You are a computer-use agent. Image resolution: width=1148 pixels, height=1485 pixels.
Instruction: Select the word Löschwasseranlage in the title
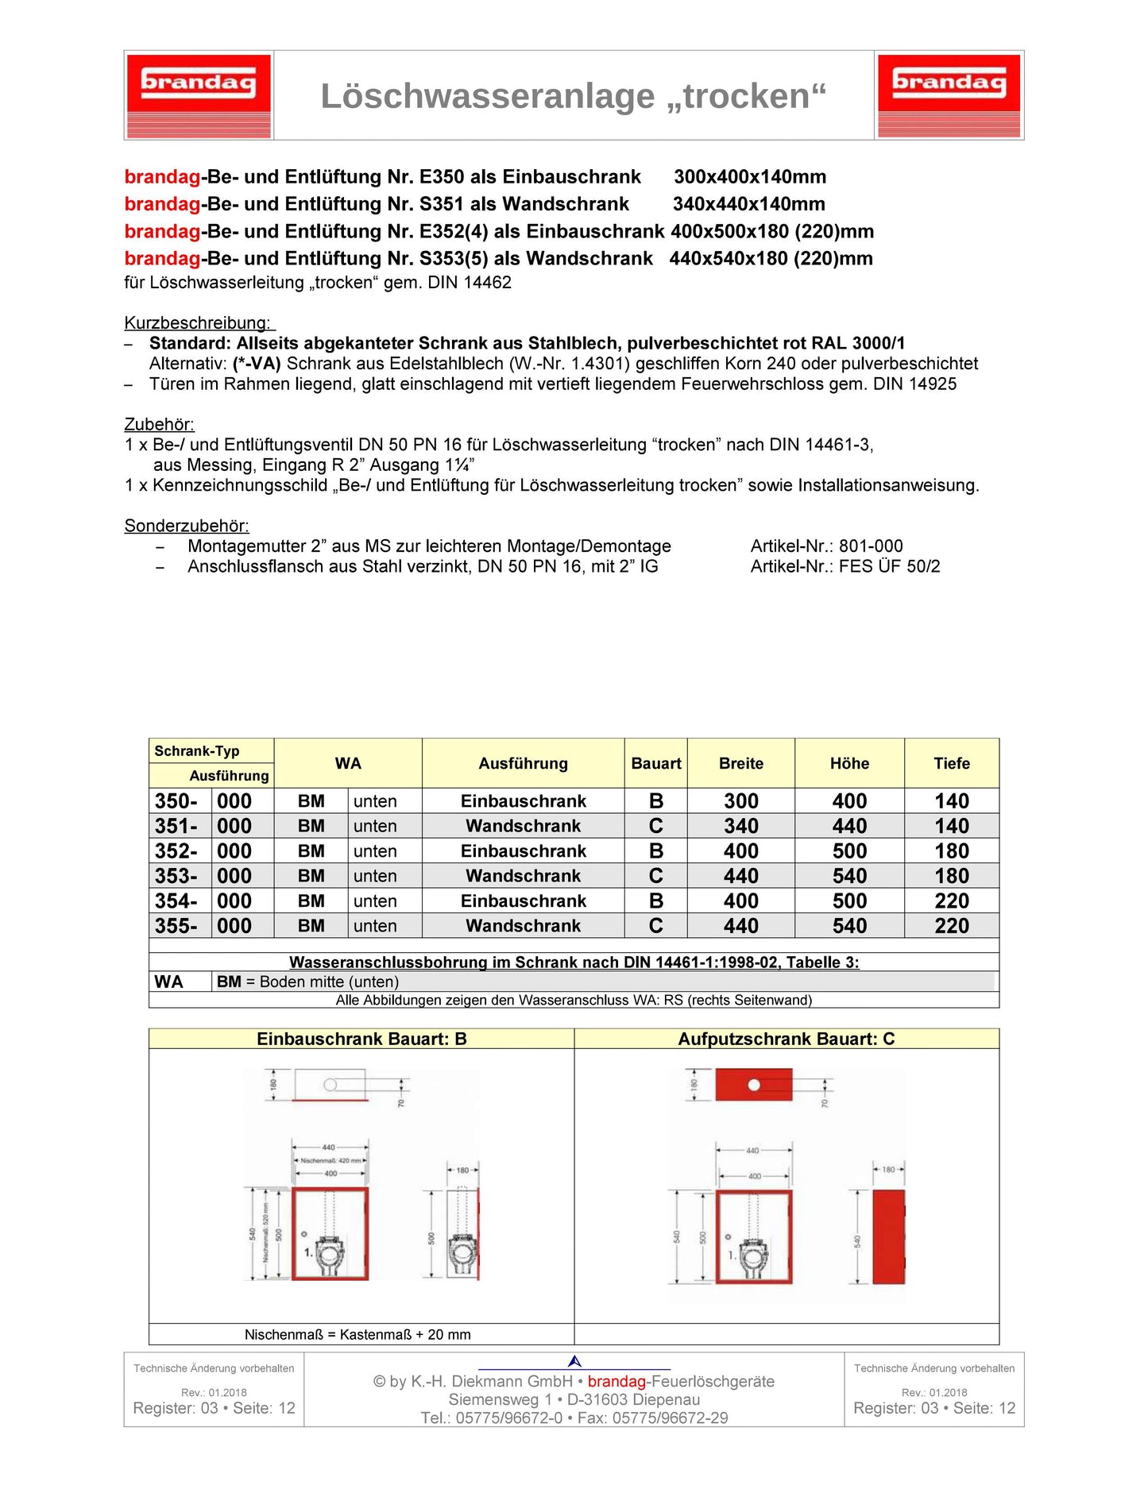pyautogui.click(x=488, y=96)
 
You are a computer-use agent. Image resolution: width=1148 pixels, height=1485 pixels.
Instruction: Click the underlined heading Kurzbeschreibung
pyautogui.click(x=199, y=322)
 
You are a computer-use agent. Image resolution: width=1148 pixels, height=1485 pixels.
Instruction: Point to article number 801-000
pyautogui.click(x=871, y=546)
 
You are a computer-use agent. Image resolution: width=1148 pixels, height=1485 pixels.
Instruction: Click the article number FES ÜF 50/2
pyautogui.click(x=889, y=567)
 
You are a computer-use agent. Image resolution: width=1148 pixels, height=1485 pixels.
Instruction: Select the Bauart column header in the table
pyautogui.click(x=655, y=763)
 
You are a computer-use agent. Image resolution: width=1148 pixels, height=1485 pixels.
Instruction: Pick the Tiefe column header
pyautogui.click(x=951, y=763)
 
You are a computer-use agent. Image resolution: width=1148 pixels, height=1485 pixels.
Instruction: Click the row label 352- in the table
pyautogui.click(x=176, y=851)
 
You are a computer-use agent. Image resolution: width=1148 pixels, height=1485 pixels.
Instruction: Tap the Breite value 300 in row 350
pyautogui.click(x=740, y=801)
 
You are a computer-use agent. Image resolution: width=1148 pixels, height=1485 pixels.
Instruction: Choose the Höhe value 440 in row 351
pyautogui.click(x=849, y=826)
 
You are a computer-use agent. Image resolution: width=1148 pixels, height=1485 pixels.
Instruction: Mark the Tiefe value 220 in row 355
pyautogui.click(x=951, y=926)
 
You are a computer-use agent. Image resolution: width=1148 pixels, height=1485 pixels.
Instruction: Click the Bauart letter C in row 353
pyautogui.click(x=655, y=876)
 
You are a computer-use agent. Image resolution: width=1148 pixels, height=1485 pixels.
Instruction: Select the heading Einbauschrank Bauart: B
pyautogui.click(x=361, y=1039)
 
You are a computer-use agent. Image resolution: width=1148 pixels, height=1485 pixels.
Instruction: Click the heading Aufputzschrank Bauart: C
pyautogui.click(x=786, y=1039)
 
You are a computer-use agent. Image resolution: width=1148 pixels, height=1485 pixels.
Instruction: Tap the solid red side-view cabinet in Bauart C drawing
pyautogui.click(x=888, y=1236)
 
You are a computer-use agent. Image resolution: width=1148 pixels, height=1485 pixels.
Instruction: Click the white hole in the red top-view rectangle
pyautogui.click(x=754, y=1085)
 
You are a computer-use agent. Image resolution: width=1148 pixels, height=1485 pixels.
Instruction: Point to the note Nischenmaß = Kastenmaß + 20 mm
pyautogui.click(x=358, y=1335)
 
